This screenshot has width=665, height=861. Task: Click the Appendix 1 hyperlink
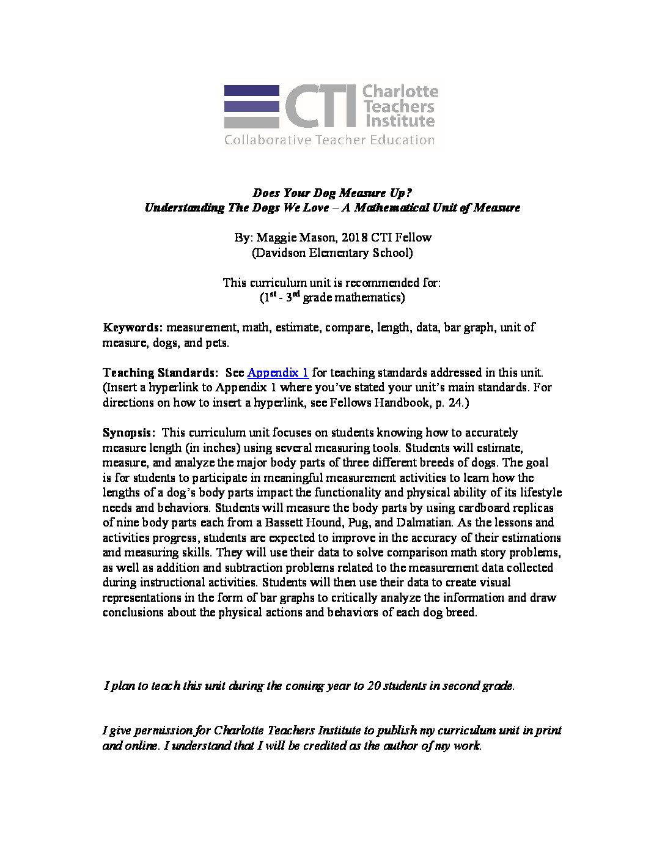click(x=278, y=372)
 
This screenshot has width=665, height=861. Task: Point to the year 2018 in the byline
click(x=355, y=237)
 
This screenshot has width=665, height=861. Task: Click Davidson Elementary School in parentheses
click(x=332, y=252)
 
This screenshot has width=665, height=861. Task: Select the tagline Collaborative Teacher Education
click(x=329, y=140)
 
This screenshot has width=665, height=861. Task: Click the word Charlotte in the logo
click(x=400, y=92)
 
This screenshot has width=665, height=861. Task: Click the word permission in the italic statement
click(x=161, y=730)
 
